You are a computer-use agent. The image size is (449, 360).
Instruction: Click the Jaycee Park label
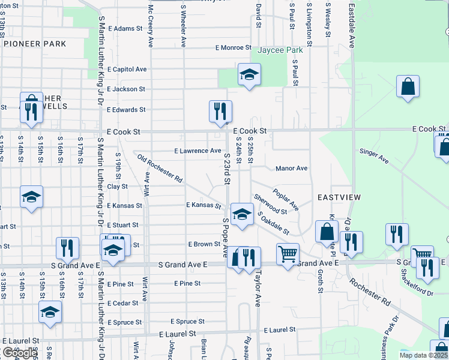pos(280,50)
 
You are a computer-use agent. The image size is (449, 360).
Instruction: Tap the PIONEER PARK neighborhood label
pos(35,44)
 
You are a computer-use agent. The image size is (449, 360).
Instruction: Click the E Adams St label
pos(124,28)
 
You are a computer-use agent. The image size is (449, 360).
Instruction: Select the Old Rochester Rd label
pos(160,168)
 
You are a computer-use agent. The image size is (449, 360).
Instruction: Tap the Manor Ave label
pos(291,169)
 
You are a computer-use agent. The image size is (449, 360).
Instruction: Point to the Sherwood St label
pos(270,204)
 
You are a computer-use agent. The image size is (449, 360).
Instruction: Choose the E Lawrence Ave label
pos(197,151)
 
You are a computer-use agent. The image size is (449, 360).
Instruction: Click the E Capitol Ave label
pos(127,69)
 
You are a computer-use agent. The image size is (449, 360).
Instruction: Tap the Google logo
pos(20,353)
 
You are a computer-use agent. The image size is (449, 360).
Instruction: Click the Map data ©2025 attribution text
pos(423,355)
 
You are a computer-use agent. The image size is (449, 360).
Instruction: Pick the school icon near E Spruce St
pos(50,312)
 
